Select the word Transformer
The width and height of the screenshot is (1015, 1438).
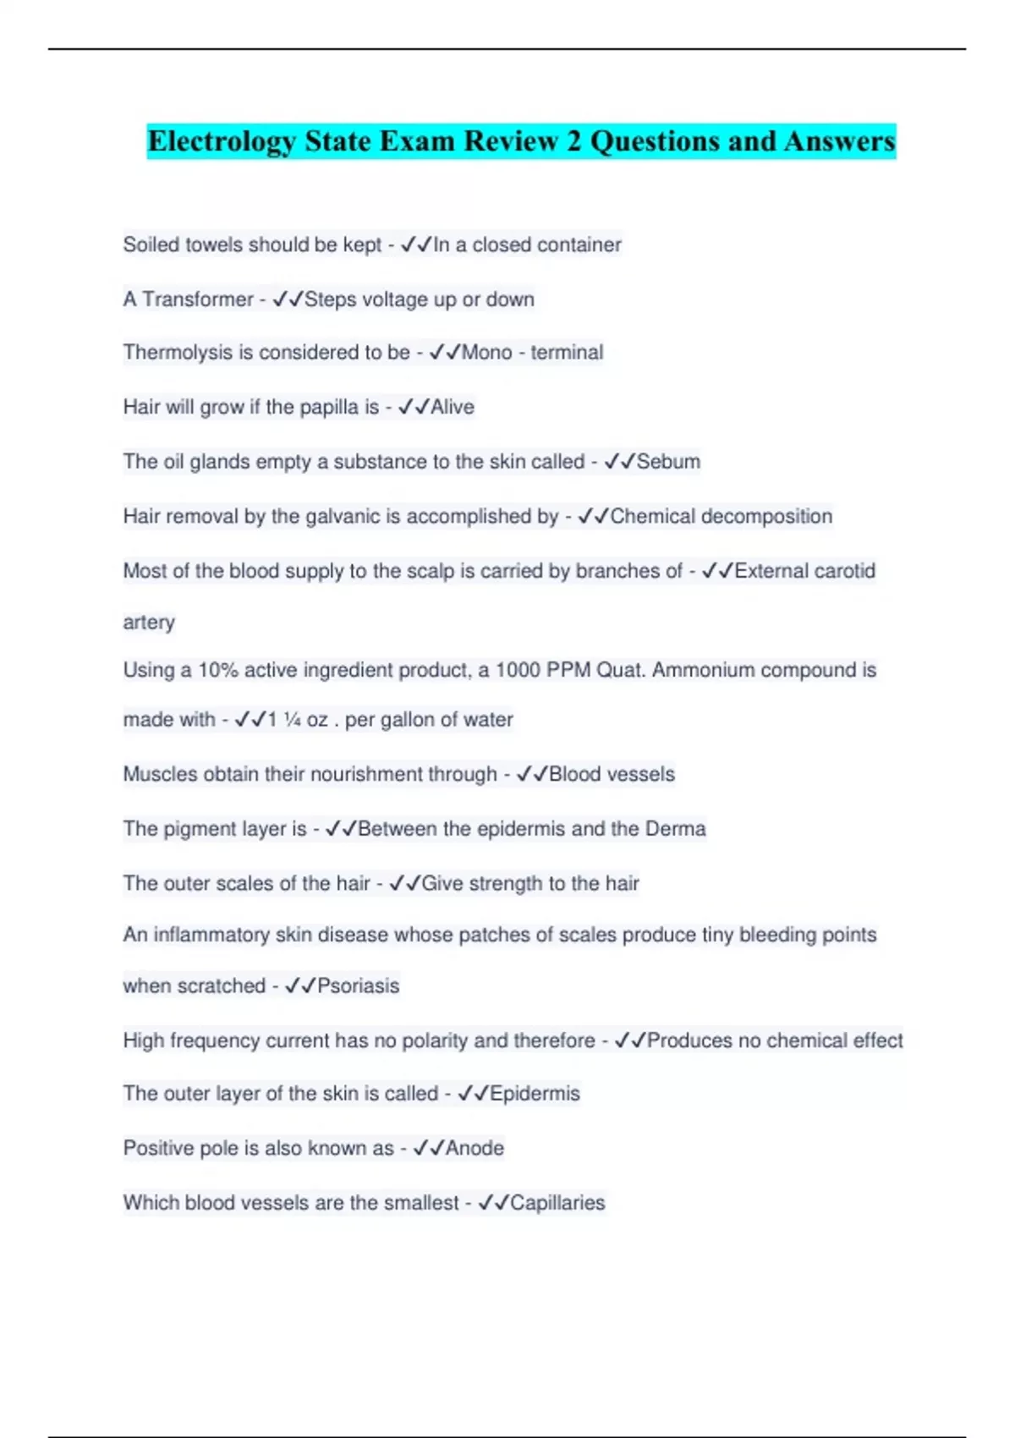(197, 299)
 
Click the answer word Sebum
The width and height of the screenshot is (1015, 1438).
(668, 461)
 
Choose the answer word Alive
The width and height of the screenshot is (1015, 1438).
(453, 407)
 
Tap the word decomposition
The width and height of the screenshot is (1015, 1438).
(766, 516)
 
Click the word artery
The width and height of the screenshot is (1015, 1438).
(149, 622)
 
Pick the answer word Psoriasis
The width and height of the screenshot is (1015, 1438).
(358, 985)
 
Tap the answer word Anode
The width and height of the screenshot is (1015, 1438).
(475, 1148)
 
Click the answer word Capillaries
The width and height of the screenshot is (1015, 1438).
(557, 1202)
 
